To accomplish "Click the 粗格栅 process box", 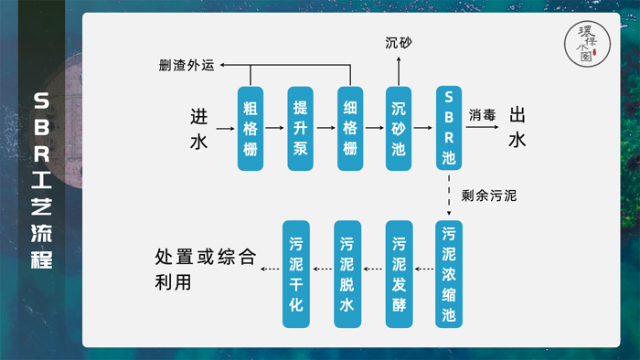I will [x=251, y=129].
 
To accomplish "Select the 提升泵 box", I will [x=300, y=129].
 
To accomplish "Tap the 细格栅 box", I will [x=349, y=129].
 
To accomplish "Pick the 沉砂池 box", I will [x=399, y=129].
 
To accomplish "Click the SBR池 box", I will [x=448, y=128].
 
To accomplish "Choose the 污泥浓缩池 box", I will [x=448, y=273].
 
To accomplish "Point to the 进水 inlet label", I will [x=198, y=129].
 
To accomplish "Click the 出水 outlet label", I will [x=517, y=127].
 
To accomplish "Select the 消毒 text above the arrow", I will [x=483, y=115].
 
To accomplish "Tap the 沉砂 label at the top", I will [x=399, y=43].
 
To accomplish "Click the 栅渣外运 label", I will [x=187, y=66].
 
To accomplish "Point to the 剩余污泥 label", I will [x=489, y=195].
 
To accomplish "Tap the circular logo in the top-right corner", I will [x=587, y=42].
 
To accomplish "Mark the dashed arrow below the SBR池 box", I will [x=448, y=195].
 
